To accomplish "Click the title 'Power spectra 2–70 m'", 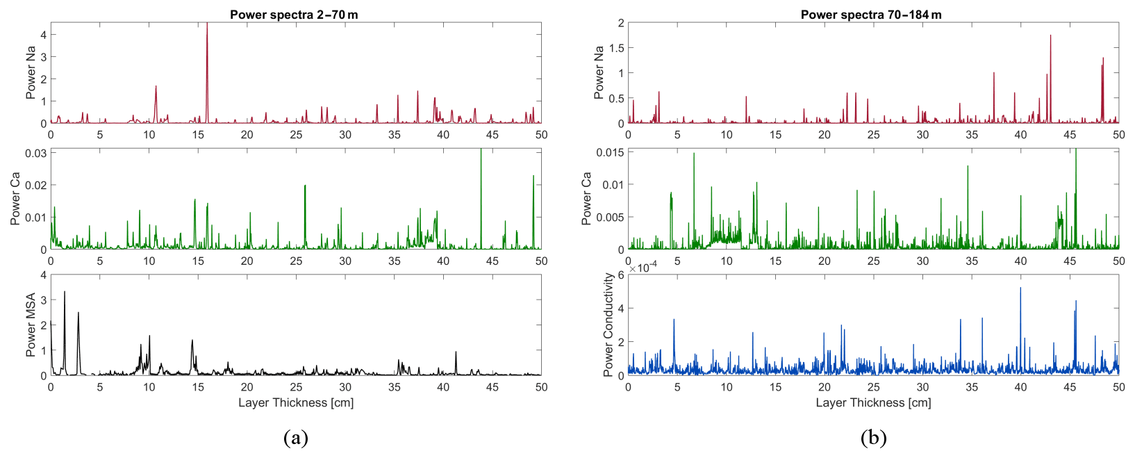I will [294, 15].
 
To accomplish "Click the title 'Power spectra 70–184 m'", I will [871, 15].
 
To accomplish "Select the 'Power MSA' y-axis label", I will [31, 325].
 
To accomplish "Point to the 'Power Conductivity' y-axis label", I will [608, 325].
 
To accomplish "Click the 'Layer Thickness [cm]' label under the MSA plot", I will [296, 402].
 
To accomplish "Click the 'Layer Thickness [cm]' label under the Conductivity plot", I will [873, 402].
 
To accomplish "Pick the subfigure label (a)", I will [296, 438].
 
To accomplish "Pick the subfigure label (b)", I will [873, 438].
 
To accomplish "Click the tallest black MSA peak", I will [65, 293].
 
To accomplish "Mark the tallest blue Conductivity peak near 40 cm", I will [1020, 289].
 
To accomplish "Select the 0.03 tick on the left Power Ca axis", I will [36, 153].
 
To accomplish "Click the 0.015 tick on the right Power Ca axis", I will [611, 152].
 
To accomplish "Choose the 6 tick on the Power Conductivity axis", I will [621, 275].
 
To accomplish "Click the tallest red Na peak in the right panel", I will [1050, 37].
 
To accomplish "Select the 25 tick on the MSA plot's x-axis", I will [296, 387].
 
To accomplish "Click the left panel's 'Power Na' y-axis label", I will [31, 73].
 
